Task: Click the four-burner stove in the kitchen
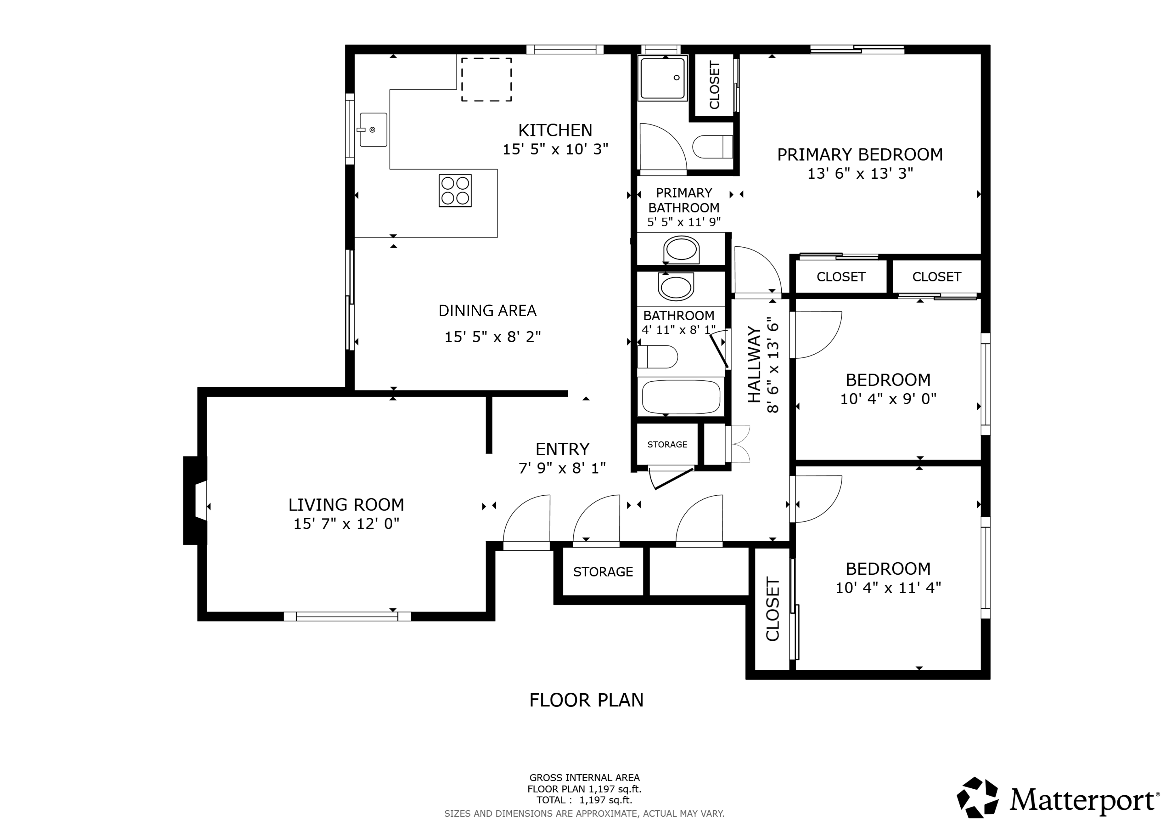pyautogui.click(x=455, y=191)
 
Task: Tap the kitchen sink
pyautogui.click(x=373, y=130)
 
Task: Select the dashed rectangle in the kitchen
pyautogui.click(x=486, y=79)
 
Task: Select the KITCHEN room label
pyautogui.click(x=555, y=130)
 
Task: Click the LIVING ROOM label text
pyautogui.click(x=346, y=505)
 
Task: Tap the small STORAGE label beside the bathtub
pyautogui.click(x=667, y=445)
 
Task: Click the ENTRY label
pyautogui.click(x=562, y=449)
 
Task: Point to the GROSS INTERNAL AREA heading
pyautogui.click(x=585, y=778)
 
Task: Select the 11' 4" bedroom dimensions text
pyautogui.click(x=888, y=588)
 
